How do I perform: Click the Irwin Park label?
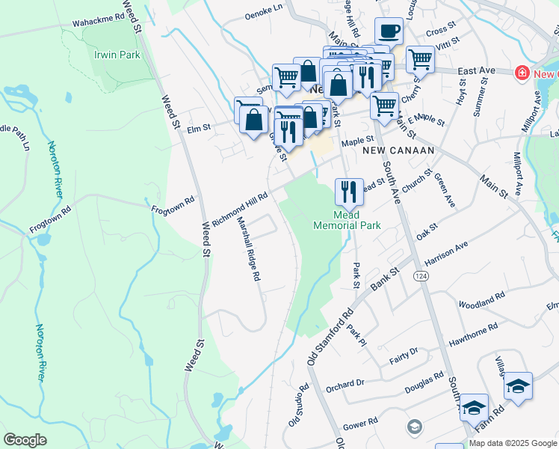[117, 55]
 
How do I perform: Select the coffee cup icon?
[388, 32]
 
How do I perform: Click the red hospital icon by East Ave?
[522, 73]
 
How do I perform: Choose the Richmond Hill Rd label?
[239, 208]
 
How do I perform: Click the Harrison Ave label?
[445, 253]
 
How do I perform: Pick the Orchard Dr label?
[345, 385]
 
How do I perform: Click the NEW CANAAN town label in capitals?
[398, 150]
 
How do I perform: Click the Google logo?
[25, 439]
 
